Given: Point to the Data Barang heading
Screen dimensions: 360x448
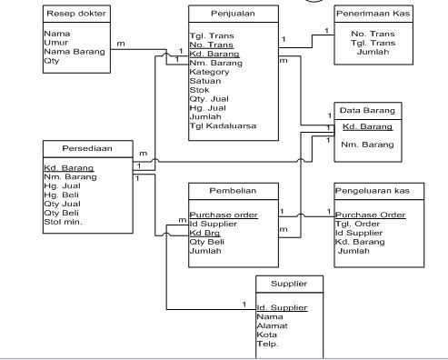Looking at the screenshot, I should click(x=366, y=110).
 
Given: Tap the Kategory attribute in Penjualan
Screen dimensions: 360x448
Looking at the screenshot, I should click(x=211, y=74).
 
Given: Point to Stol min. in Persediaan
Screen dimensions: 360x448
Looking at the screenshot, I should click(x=64, y=221).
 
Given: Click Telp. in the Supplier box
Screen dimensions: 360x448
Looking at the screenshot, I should click(x=267, y=344).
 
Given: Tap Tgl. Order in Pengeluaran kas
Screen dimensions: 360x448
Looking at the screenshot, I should click(x=356, y=224).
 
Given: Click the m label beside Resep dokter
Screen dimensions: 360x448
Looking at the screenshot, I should click(x=121, y=43).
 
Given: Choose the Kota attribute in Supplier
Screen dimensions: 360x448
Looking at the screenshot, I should click(x=267, y=335).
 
